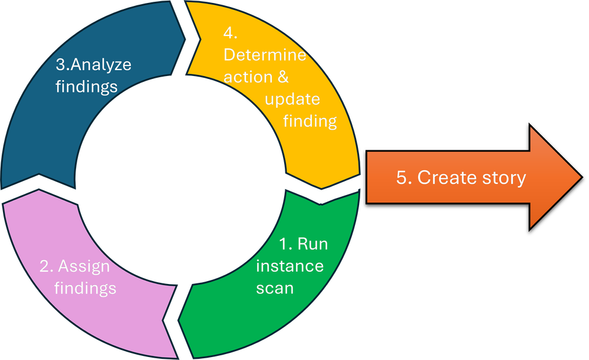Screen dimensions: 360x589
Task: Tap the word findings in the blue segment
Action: pyautogui.click(x=86, y=86)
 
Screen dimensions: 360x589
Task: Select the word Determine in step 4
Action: pyautogui.click(x=265, y=55)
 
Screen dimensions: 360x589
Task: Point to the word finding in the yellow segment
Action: pyautogui.click(x=310, y=121)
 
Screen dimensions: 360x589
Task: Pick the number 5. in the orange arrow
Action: pyautogui.click(x=404, y=177)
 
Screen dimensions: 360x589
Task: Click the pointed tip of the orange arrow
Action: pyautogui.click(x=580, y=177)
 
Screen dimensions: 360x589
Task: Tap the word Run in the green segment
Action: pyautogui.click(x=312, y=243)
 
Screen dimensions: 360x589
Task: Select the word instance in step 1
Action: pyautogui.click(x=289, y=266)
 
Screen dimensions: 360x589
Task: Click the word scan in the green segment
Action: pyautogui.click(x=275, y=289)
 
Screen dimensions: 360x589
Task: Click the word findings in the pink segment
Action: pyautogui.click(x=86, y=288)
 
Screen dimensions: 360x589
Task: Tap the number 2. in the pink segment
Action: pyautogui.click(x=47, y=266)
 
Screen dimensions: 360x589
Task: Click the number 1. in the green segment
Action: pyautogui.click(x=285, y=243)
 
